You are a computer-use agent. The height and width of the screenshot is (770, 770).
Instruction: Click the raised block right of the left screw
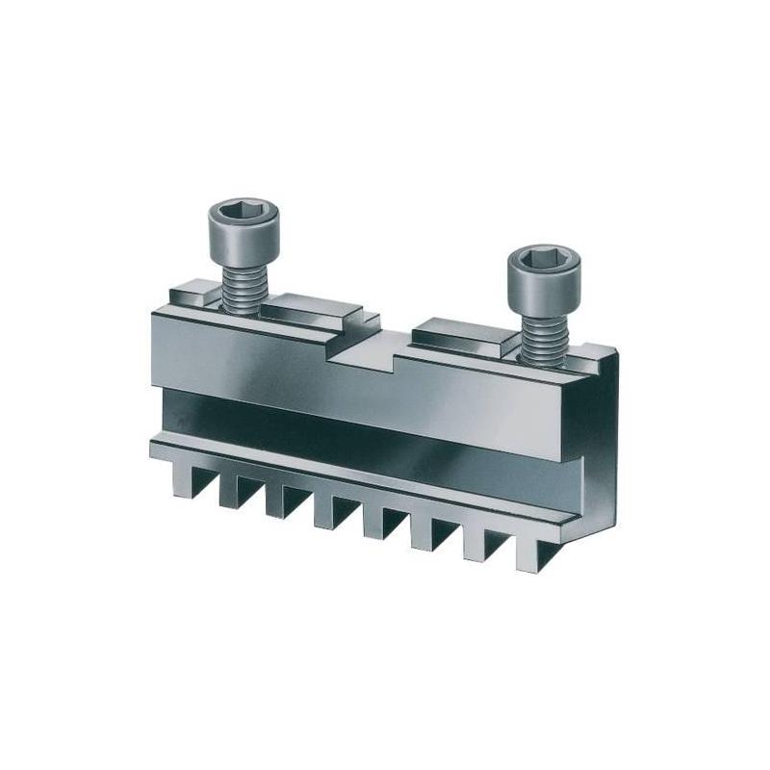point(313,310)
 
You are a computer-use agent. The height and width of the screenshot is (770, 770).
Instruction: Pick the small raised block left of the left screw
point(191,292)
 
